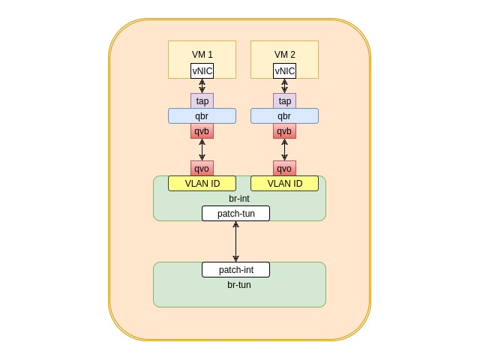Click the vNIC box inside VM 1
[x=202, y=70]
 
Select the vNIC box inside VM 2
[x=285, y=70]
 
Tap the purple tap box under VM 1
[x=202, y=100]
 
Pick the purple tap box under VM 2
[x=285, y=100]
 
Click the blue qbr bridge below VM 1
[x=202, y=116]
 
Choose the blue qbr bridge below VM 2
[x=285, y=116]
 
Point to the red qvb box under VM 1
[x=202, y=131]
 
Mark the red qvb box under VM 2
[x=285, y=131]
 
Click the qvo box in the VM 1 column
[x=202, y=168]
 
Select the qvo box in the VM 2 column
[x=285, y=168]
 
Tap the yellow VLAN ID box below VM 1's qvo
[x=202, y=183]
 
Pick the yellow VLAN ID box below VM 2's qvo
[x=285, y=183]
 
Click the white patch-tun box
[x=235, y=213]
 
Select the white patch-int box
[x=235, y=270]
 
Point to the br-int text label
[x=239, y=198]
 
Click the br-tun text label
[x=239, y=285]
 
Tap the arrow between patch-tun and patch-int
[x=235, y=241]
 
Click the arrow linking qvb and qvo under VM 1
[x=202, y=150]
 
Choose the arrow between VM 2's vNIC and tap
[x=285, y=86]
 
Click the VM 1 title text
[x=202, y=55]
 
